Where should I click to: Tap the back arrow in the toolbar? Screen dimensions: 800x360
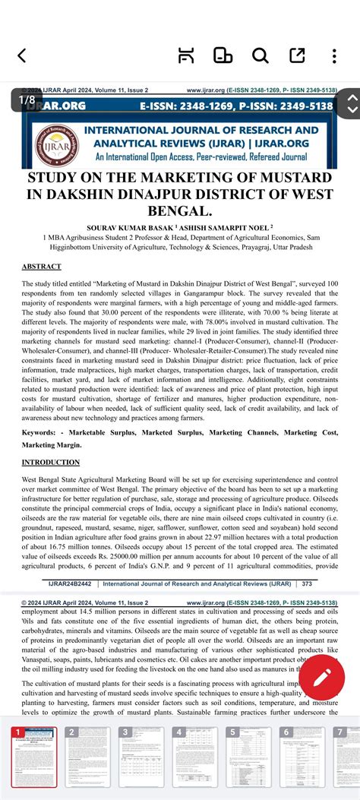click(x=21, y=55)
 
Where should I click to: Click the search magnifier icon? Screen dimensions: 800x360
click(x=260, y=55)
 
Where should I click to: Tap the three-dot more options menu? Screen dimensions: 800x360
click(x=335, y=55)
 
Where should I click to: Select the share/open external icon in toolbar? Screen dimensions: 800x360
click(x=297, y=55)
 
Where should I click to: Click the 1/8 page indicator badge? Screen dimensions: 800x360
click(x=27, y=100)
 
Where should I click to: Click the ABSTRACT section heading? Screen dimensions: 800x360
click(x=41, y=267)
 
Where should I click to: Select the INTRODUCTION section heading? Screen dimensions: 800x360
click(x=51, y=462)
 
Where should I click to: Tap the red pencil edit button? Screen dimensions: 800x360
click(x=322, y=674)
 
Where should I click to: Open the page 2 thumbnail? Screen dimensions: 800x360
click(x=85, y=751)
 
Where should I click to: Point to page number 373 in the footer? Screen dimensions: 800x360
click(x=307, y=583)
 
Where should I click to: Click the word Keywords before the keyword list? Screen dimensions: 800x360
click(x=43, y=432)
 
